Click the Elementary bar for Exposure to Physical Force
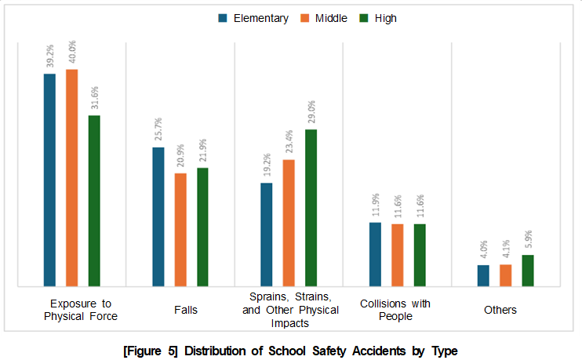coord(49,180)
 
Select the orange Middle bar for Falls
coord(180,229)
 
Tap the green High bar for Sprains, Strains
coord(311,207)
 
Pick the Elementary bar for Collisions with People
coord(375,254)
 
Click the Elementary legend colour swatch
coord(223,18)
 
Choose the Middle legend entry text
coord(331,18)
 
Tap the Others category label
coord(500,310)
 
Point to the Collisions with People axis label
coord(396,310)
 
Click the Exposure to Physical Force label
coord(81,310)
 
